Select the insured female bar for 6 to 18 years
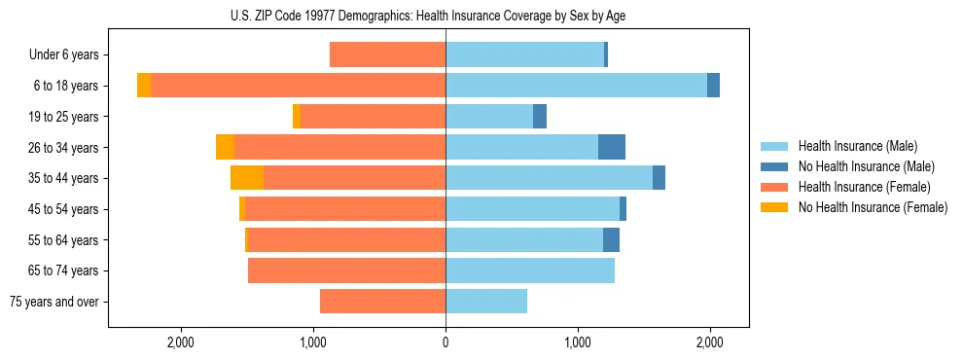[x=298, y=86]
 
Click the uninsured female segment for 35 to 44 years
[x=247, y=178]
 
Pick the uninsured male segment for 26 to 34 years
[x=612, y=147]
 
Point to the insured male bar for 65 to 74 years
[x=530, y=270]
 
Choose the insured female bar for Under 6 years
[x=387, y=54]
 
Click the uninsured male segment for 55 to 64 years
[x=611, y=239]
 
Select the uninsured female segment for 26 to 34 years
[x=225, y=147]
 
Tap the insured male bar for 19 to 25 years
[x=489, y=117]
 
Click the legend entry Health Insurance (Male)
[x=857, y=146]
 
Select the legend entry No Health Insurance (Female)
[x=873, y=207]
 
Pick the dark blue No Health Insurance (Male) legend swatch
[x=774, y=166]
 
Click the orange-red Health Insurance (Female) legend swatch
[x=774, y=187]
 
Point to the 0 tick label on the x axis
[x=446, y=342]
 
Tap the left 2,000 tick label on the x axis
[x=181, y=342]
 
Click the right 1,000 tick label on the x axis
[x=578, y=342]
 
